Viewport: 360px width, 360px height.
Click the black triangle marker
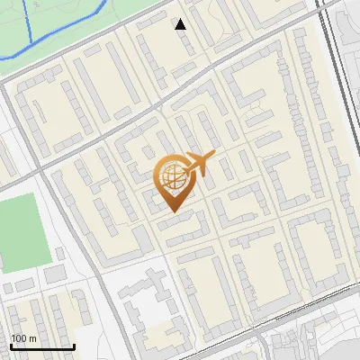click(181, 24)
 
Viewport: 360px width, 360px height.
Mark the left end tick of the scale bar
click(11, 346)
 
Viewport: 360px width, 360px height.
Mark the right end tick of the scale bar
click(73, 346)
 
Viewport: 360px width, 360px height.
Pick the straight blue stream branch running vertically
click(28, 22)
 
